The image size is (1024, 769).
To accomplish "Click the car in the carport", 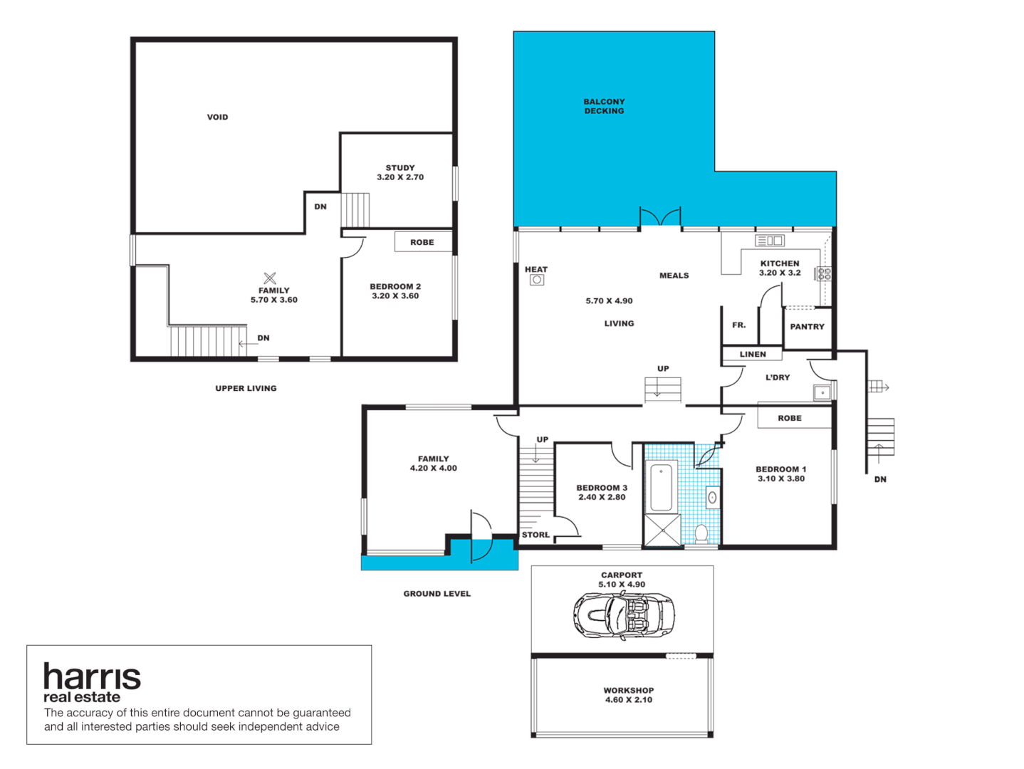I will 624,614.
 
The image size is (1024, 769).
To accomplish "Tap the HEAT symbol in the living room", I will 537,280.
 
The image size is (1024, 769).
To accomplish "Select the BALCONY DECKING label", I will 604,106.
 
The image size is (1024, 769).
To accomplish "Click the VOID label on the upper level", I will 217,117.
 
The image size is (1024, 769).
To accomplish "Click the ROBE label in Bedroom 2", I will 422,242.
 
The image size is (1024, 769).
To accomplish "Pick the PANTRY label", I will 807,327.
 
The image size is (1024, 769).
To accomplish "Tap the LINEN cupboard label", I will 753,354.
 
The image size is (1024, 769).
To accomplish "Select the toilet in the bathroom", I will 701,533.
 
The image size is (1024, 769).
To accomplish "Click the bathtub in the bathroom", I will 662,486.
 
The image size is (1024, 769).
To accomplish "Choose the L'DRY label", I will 778,377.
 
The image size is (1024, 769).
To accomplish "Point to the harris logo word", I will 92,676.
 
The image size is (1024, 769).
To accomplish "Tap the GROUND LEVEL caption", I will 437,593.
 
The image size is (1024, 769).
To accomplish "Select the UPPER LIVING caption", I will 246,388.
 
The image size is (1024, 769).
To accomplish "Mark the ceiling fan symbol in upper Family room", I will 270,278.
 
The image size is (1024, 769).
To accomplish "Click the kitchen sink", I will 770,241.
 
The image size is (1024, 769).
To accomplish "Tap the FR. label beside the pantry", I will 738,325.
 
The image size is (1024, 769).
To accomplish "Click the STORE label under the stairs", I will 535,535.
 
